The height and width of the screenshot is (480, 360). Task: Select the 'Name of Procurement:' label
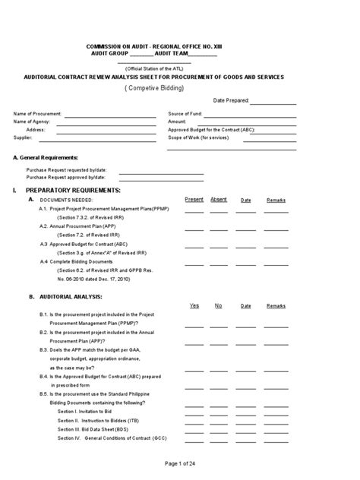[x=37, y=114]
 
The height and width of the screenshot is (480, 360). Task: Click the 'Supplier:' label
[x=24, y=138]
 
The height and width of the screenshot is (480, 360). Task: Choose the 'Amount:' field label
[x=177, y=122]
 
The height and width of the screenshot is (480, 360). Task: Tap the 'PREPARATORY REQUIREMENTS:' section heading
[x=72, y=189]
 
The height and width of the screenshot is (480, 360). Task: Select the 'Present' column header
[x=194, y=199]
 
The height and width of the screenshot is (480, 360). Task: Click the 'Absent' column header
[x=219, y=199]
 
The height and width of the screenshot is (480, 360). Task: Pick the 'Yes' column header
[x=194, y=305]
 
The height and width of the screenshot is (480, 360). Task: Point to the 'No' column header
[x=219, y=305]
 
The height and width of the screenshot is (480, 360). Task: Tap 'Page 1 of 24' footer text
[x=179, y=463]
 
